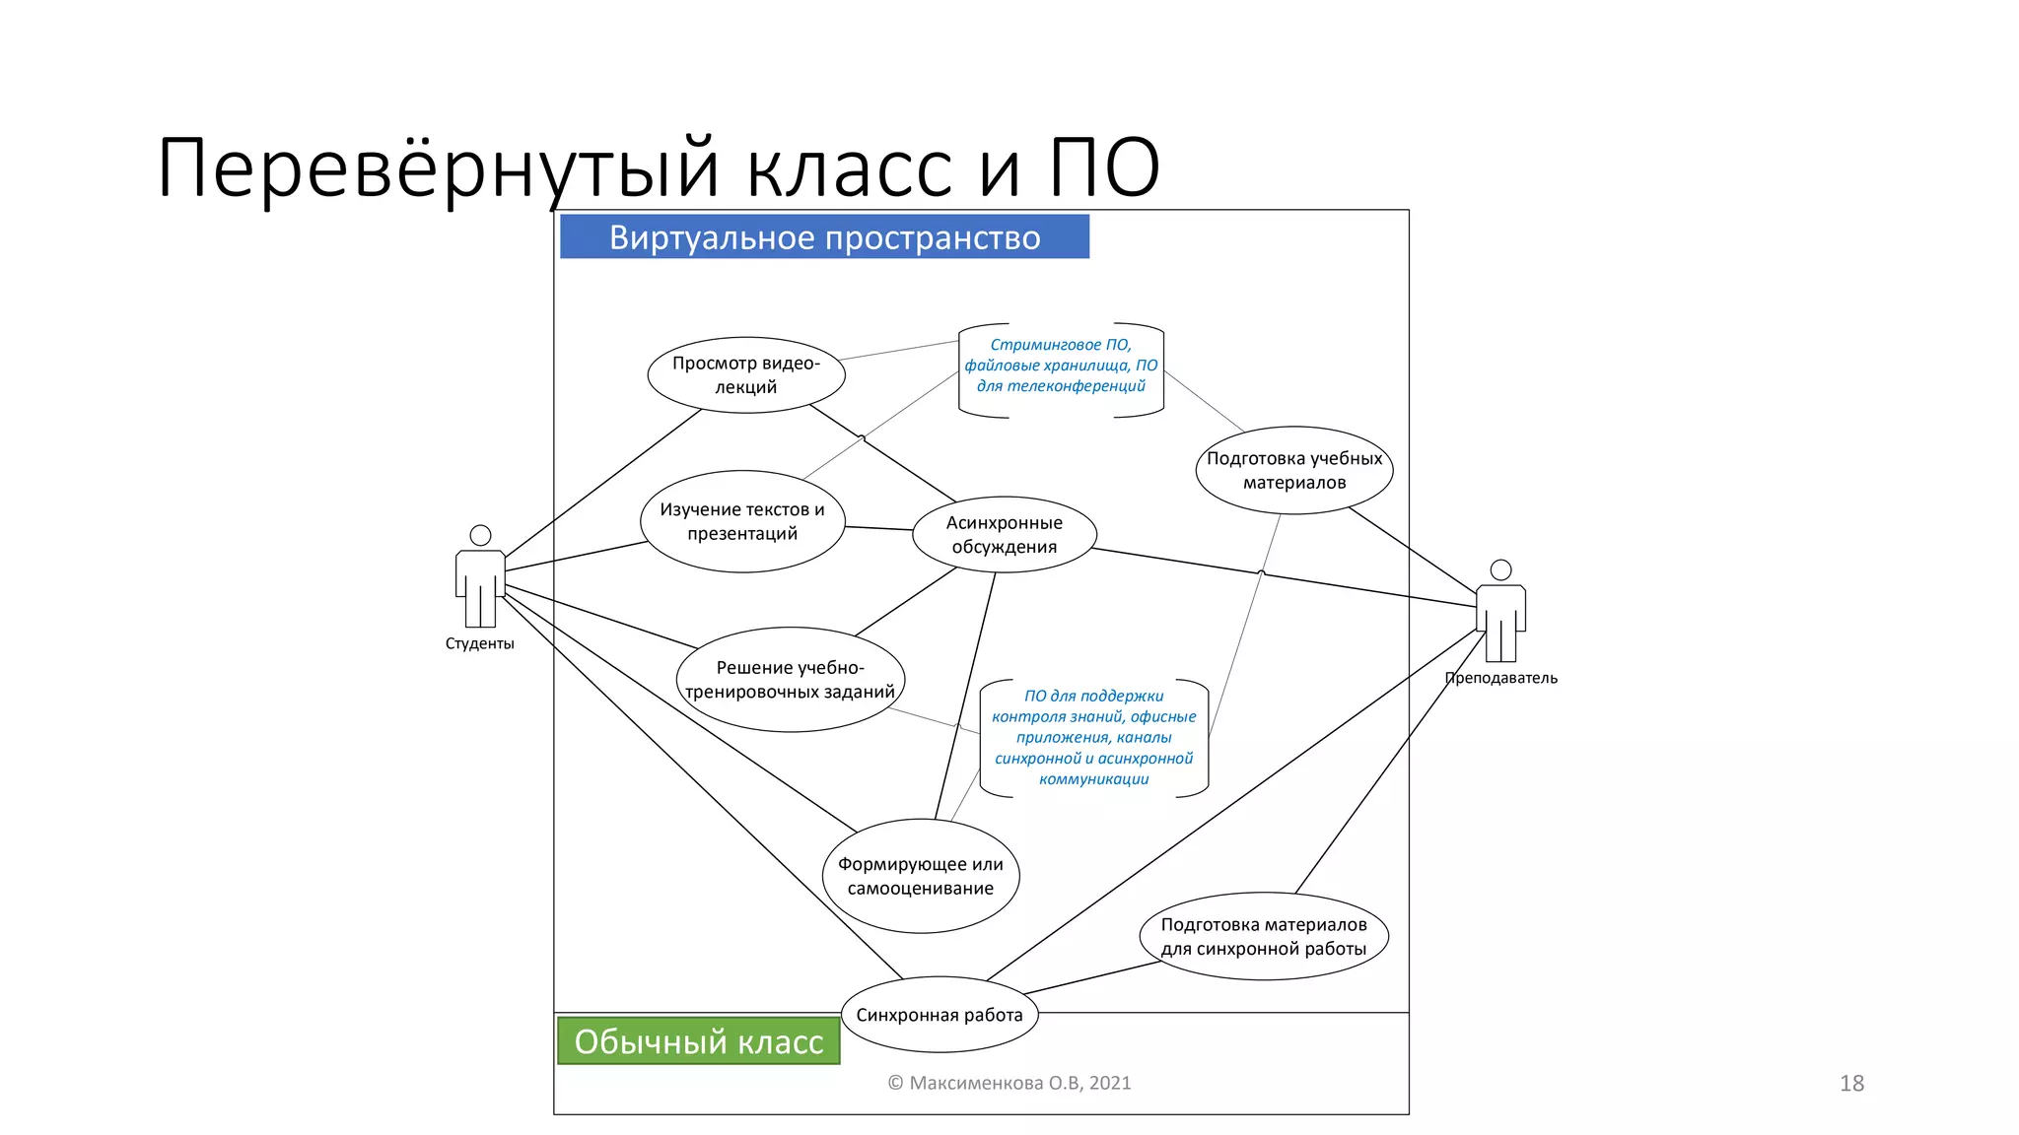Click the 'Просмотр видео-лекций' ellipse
click(746, 375)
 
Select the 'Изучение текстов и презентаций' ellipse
click(742, 521)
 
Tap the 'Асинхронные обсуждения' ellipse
click(1004, 535)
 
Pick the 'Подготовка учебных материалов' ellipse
click(1293, 470)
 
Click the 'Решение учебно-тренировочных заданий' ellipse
click(790, 680)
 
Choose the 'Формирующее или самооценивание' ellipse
click(920, 876)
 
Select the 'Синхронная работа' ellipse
click(939, 1015)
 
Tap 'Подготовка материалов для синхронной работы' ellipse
click(1263, 937)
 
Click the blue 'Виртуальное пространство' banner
click(824, 237)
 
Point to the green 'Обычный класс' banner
click(698, 1041)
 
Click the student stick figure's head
click(480, 535)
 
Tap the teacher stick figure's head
click(1500, 569)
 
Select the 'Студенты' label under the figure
click(479, 643)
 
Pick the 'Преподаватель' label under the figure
click(1500, 678)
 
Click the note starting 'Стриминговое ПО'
click(1061, 366)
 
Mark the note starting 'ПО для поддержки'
click(1093, 737)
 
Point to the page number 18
click(1851, 1083)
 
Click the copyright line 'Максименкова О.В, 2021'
click(1009, 1083)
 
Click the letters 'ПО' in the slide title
click(1103, 168)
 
